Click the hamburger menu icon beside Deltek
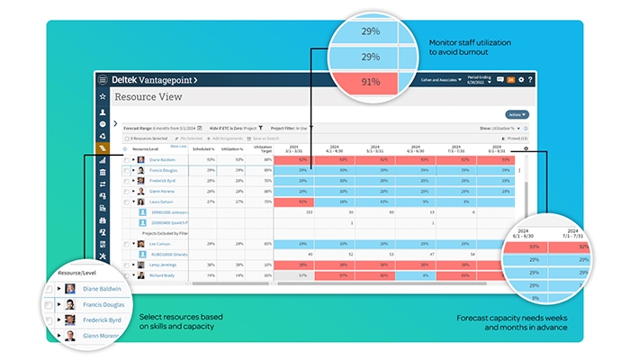point(103,80)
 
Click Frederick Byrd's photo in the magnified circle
point(67,319)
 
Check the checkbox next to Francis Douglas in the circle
point(49,304)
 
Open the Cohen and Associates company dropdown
point(442,80)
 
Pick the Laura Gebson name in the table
point(162,202)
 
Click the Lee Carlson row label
point(161,244)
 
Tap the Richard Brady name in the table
point(162,276)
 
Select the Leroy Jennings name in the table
point(163,265)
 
